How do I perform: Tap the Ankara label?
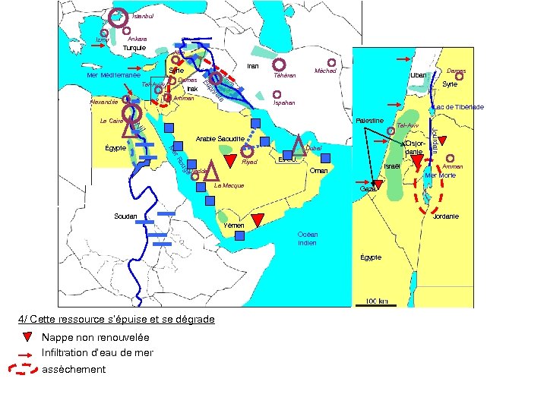click(138, 39)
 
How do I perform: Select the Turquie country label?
click(134, 47)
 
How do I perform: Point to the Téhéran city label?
click(285, 76)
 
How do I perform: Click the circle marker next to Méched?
click(331, 62)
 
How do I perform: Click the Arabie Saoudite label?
click(220, 139)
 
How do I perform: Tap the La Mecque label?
click(229, 185)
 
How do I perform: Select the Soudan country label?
click(125, 216)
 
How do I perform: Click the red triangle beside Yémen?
click(258, 220)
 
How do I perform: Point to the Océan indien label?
click(308, 238)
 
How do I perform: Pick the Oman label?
click(319, 171)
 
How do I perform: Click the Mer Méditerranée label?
click(113, 75)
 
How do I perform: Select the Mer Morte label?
click(441, 175)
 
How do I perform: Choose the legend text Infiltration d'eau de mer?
click(97, 353)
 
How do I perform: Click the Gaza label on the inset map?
click(368, 188)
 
